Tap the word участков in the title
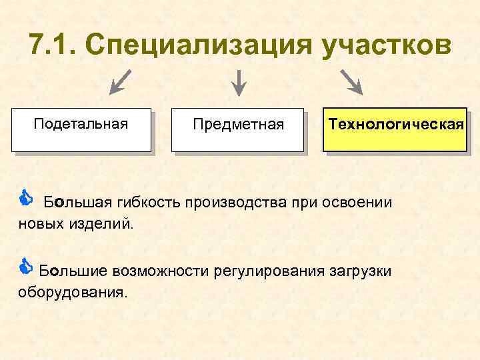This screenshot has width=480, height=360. point(385,46)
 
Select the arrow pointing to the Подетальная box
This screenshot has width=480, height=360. point(121,82)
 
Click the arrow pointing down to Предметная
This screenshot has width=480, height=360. point(238,82)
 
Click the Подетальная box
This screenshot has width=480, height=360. point(81,129)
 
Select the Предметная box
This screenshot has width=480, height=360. point(237,129)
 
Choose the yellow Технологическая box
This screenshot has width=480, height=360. point(395,129)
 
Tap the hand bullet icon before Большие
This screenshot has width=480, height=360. point(25,267)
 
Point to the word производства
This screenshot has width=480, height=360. point(230,203)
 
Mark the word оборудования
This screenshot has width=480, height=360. point(71,292)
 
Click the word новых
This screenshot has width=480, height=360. point(39,223)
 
